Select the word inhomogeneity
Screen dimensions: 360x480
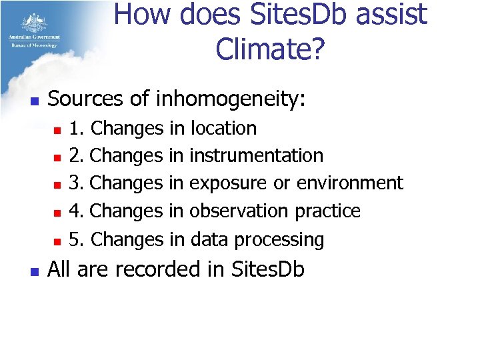click(x=231, y=99)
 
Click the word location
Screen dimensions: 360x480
click(x=223, y=128)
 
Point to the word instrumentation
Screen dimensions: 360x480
click(x=257, y=156)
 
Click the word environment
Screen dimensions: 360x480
click(x=350, y=183)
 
